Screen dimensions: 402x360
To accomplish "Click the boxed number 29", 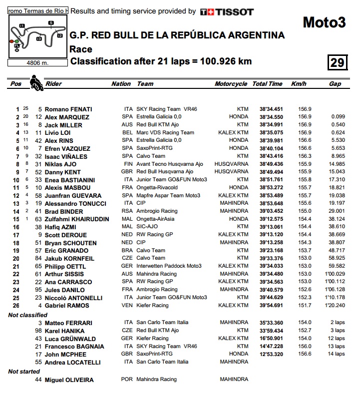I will click(337, 62).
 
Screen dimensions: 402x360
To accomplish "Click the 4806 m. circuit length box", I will click(37, 63).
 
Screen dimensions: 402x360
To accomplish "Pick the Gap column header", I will click(335, 84).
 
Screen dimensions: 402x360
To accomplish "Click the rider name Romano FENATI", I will click(68, 109).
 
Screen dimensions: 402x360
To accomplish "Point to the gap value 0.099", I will click(338, 117).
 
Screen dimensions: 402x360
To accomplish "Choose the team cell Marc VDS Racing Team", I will click(165, 133).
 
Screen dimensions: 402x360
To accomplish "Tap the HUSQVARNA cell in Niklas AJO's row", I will click(231, 164).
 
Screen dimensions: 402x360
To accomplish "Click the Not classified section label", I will click(27, 315).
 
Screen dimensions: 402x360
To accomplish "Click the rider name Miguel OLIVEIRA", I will click(69, 380).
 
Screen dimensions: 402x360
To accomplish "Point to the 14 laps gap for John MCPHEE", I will click(337, 354).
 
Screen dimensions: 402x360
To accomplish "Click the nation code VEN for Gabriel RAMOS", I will click(128, 305).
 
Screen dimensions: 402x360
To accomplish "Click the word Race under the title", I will click(81, 49).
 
